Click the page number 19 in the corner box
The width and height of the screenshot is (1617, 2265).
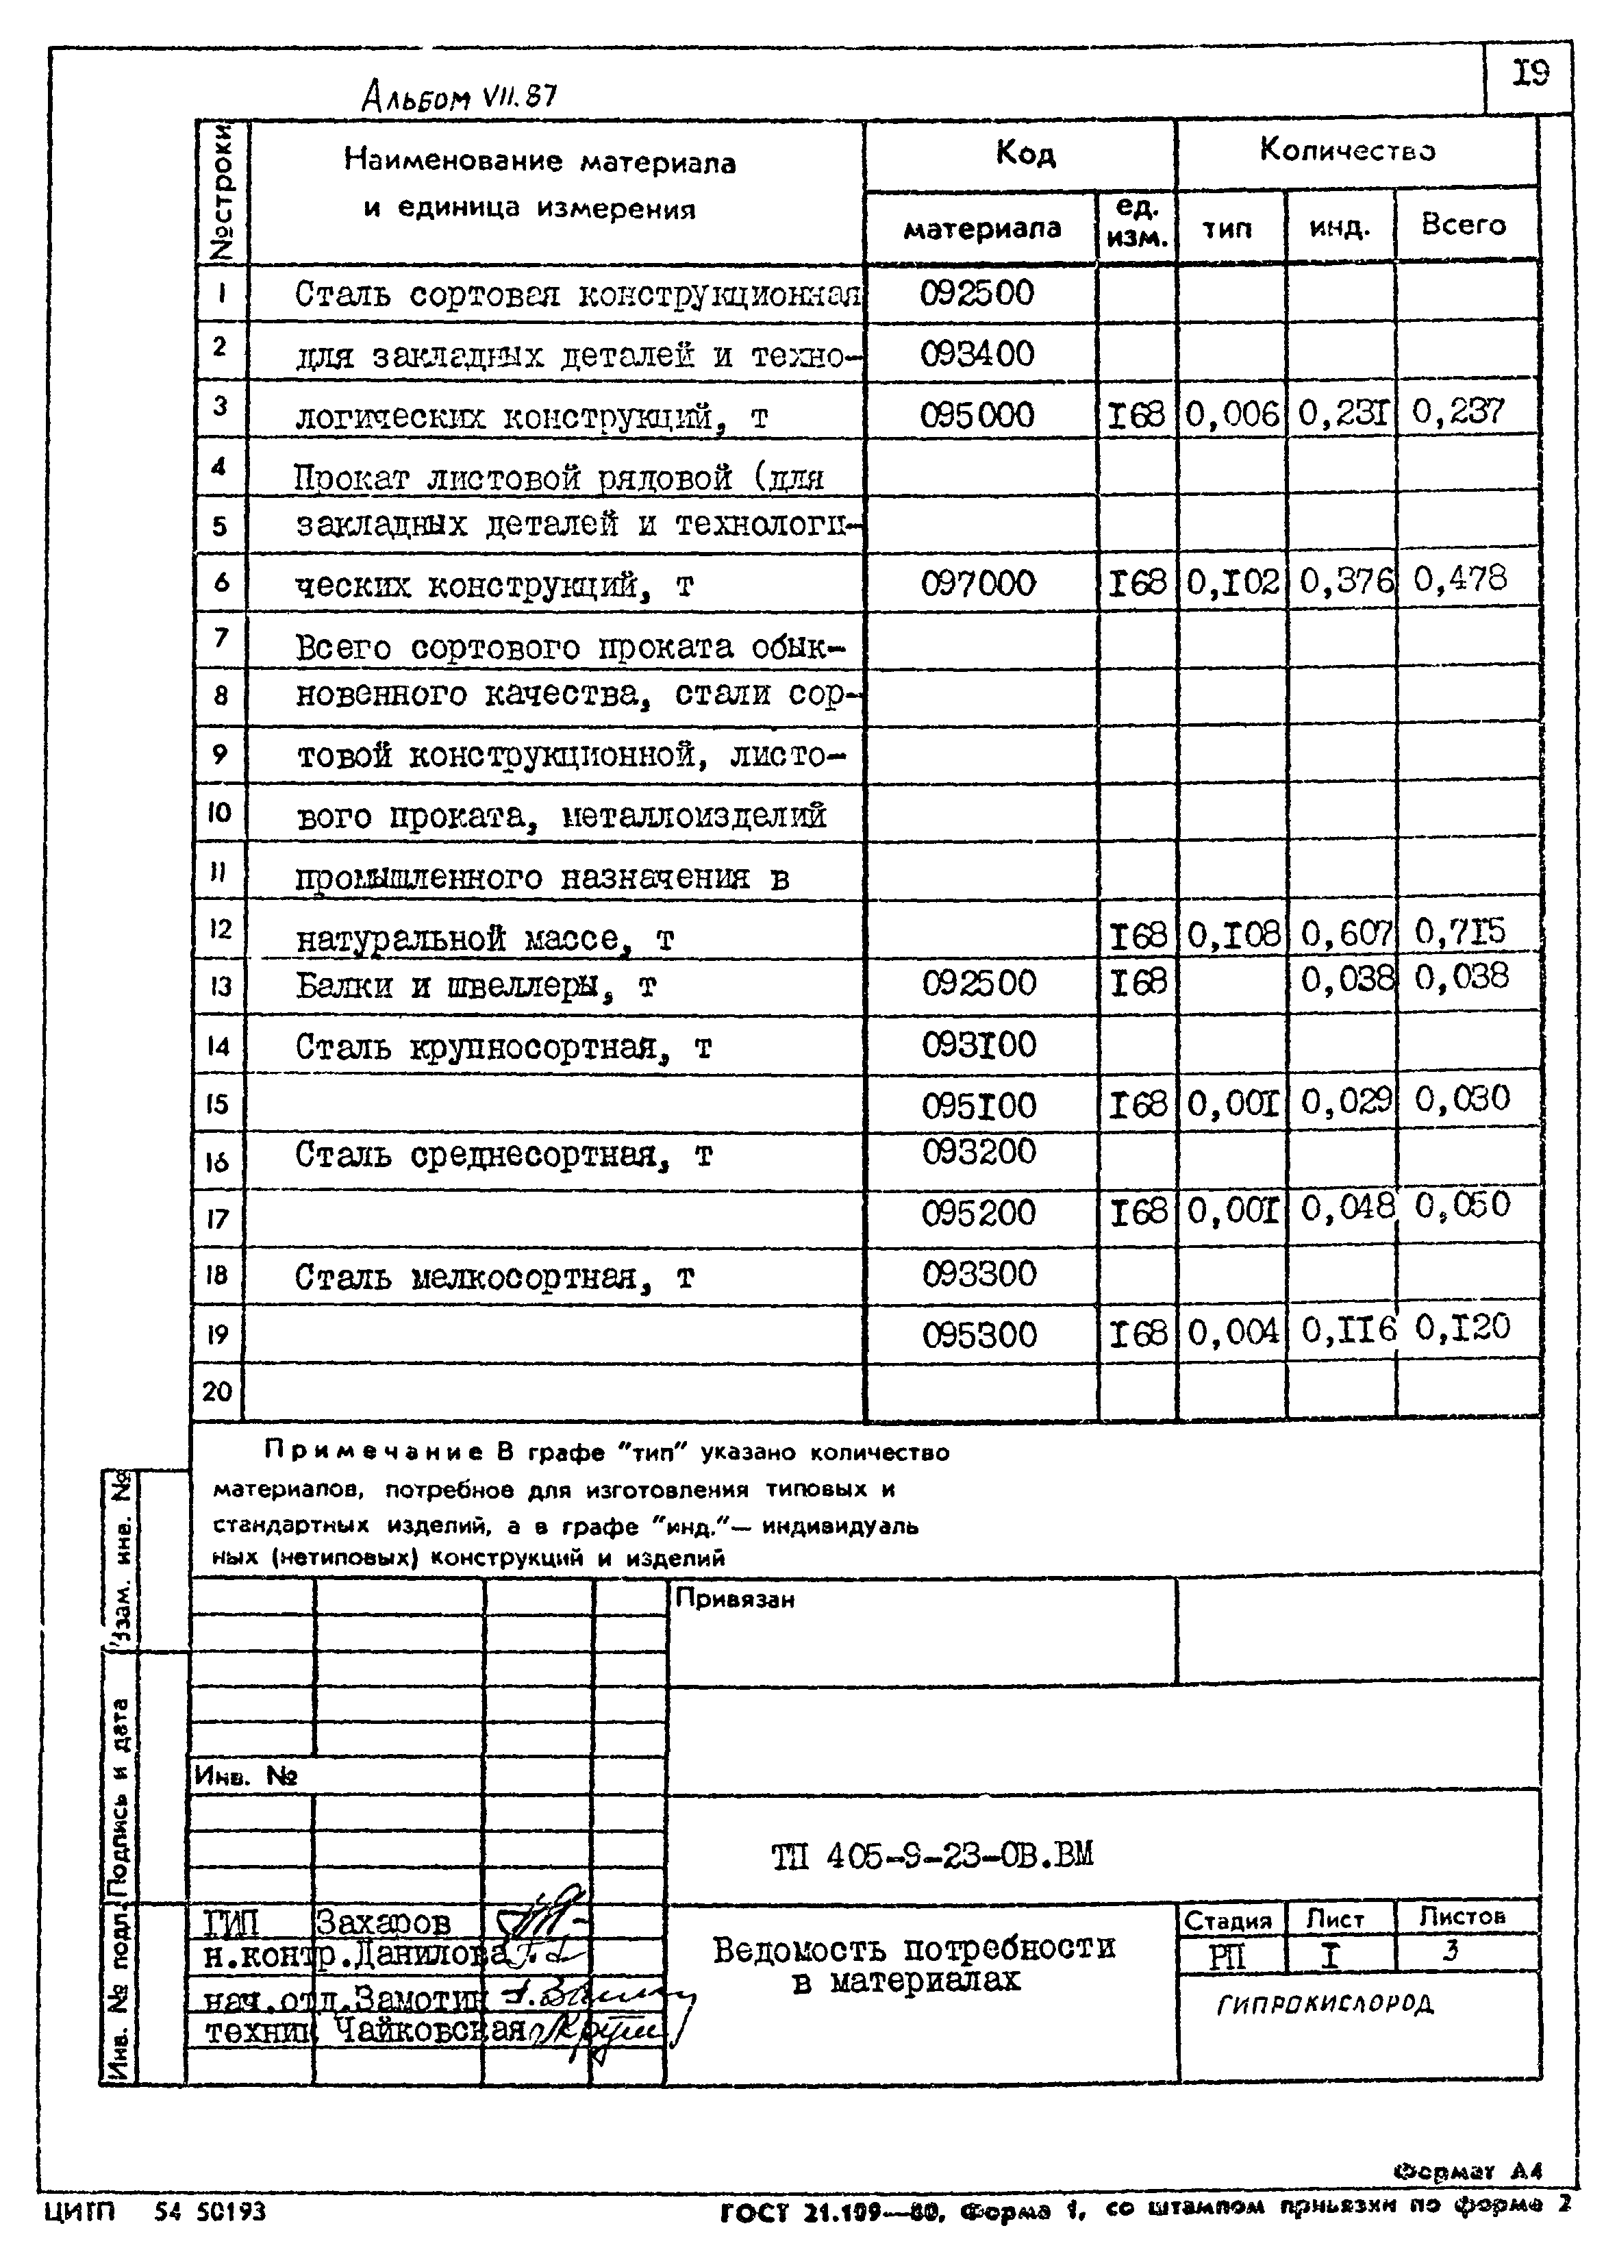1531,75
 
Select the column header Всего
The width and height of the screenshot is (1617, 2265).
1463,225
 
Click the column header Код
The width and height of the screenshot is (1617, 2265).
1025,153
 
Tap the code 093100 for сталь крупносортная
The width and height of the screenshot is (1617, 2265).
979,1045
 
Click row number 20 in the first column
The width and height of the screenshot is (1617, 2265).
217,1391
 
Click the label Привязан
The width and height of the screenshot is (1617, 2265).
735,1599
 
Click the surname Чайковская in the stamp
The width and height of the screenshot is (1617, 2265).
428,2028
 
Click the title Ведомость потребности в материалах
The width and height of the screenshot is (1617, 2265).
914,1964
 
